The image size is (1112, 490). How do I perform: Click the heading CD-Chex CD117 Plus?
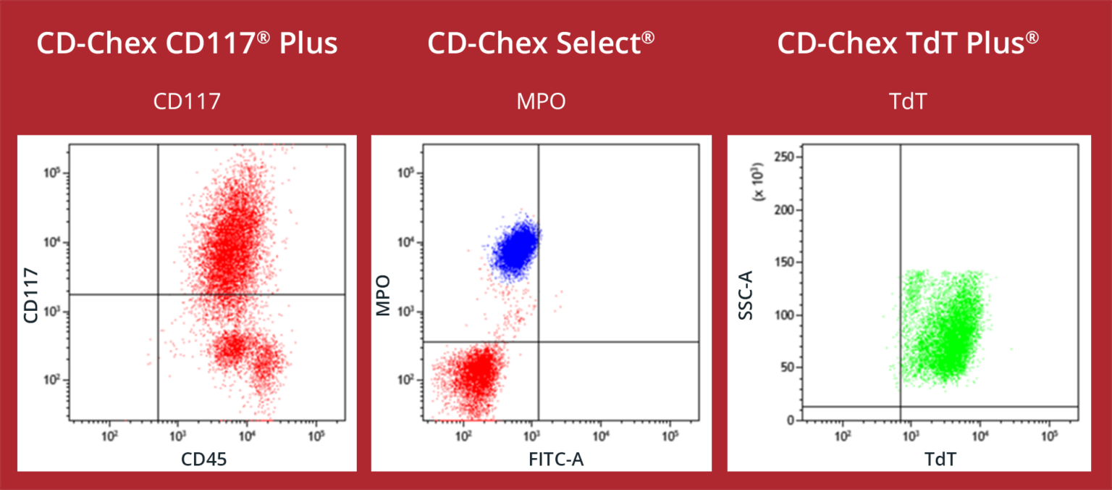pos(187,44)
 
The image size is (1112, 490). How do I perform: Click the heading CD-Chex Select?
pos(541,44)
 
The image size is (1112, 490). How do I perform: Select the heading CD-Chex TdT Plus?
pos(908,44)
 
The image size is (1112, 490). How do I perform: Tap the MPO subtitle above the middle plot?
pos(541,101)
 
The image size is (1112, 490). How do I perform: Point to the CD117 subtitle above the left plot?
pos(187,101)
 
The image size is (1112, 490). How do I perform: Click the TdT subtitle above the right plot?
pos(908,101)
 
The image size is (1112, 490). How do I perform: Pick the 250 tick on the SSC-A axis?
pos(783,157)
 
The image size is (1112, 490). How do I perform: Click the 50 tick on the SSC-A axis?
pos(786,367)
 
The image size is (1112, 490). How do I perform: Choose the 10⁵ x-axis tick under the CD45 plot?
pos(316,436)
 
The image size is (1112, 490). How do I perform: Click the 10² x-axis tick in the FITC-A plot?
pos(463,436)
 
